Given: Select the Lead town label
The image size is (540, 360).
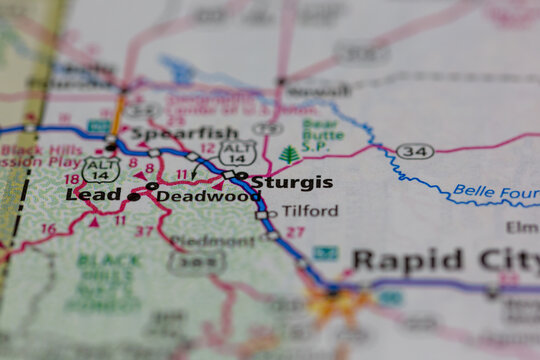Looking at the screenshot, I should click(x=93, y=196).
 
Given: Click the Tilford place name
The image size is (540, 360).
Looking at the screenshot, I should click(x=309, y=212).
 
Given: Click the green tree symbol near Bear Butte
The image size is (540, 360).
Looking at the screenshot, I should click(x=289, y=155).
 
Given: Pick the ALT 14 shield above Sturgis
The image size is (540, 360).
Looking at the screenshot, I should click(x=238, y=152).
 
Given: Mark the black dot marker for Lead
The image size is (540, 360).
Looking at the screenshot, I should click(x=133, y=197).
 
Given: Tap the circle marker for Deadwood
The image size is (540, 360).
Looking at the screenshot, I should click(x=152, y=186).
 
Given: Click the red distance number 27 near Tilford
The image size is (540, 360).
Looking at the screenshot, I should click(x=295, y=232).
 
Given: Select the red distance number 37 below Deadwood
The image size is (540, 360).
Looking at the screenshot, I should click(x=146, y=232).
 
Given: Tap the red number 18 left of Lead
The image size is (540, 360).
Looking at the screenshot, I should click(x=71, y=179).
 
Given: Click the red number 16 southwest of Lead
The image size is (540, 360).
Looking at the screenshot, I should click(x=47, y=229).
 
